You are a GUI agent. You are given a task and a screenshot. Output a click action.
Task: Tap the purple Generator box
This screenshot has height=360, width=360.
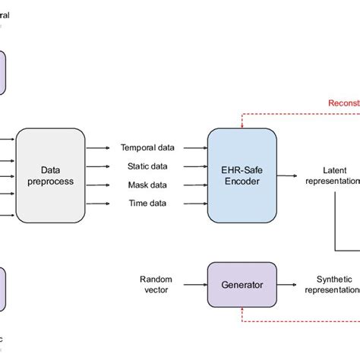[242, 285]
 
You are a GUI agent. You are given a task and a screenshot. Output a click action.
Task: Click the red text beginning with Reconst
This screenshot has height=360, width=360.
[343, 103]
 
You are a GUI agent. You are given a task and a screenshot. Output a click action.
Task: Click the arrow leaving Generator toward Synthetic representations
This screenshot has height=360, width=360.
[289, 285]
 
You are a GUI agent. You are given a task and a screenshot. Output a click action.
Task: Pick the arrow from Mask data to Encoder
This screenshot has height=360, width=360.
[193, 185]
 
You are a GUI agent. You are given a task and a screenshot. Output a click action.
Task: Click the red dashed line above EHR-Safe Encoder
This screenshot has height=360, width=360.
[289, 113]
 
